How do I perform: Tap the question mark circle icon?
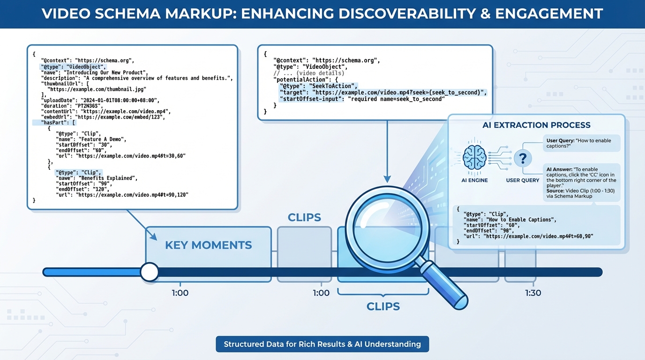523,159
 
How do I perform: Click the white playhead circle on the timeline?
150,272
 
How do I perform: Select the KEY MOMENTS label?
209,245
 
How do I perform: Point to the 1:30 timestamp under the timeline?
533,293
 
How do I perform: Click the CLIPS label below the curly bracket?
383,307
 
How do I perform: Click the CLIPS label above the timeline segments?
304,217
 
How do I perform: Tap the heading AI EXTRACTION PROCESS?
536,125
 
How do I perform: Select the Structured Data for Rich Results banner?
322,344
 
